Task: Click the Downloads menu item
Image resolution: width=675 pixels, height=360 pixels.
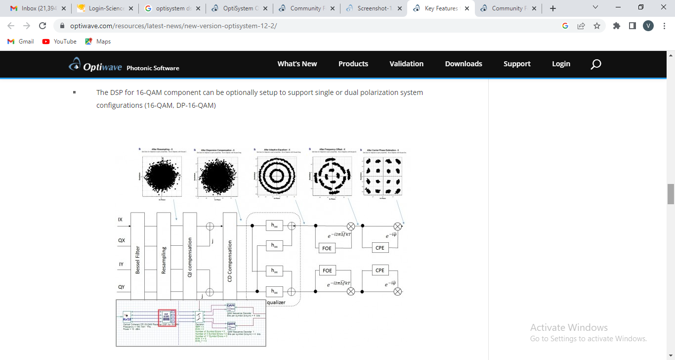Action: [x=463, y=64]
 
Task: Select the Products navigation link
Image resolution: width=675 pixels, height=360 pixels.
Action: [x=353, y=64]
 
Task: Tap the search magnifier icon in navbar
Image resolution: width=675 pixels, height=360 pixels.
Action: [x=595, y=64]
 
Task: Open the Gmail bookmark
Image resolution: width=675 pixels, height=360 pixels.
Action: [x=21, y=42]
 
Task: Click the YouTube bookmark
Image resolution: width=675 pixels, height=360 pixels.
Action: [x=59, y=42]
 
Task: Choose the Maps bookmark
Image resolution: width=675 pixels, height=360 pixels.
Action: [x=98, y=42]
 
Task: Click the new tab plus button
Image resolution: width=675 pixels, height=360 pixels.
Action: [x=552, y=8]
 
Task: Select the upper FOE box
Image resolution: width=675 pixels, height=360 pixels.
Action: [x=327, y=248]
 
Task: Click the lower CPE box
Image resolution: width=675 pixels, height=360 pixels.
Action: [x=380, y=270]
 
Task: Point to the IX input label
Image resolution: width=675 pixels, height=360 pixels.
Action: [x=120, y=219]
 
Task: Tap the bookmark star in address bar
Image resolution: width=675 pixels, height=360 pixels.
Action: [x=597, y=26]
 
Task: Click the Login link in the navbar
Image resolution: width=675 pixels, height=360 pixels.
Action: [x=561, y=64]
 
